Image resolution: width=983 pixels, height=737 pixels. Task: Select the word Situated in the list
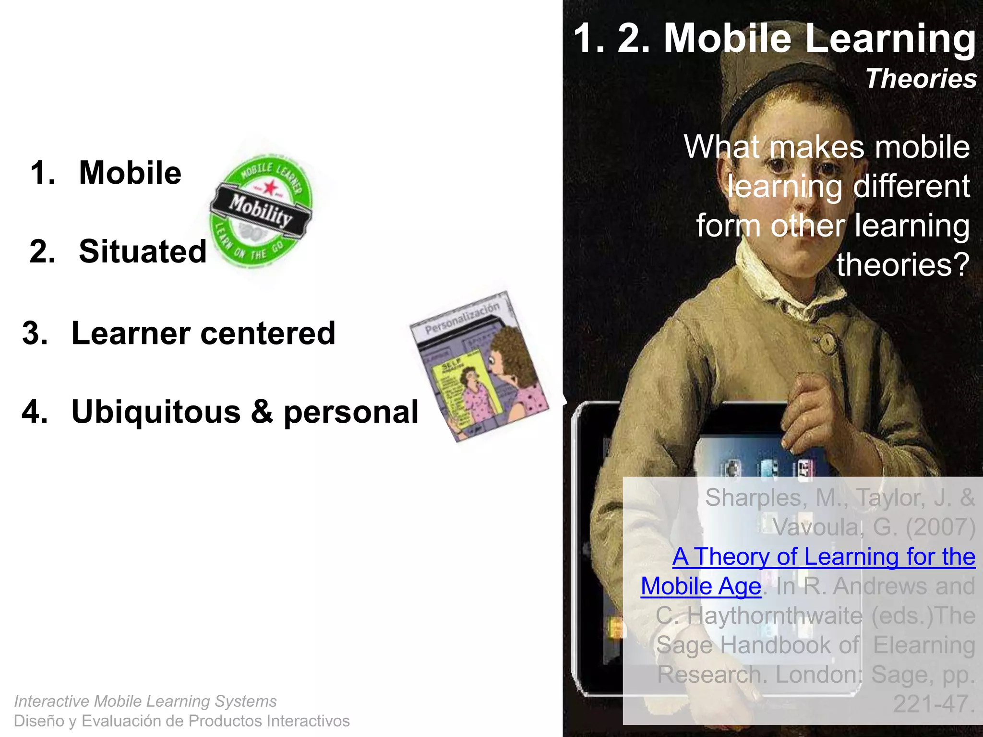[143, 251]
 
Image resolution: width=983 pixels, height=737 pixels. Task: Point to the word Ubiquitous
[156, 412]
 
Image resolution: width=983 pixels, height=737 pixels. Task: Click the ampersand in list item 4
[262, 412]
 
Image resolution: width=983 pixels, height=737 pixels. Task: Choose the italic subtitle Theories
[921, 79]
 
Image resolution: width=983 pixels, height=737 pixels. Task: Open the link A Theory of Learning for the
[824, 557]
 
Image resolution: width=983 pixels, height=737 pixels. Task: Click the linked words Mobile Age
[701, 586]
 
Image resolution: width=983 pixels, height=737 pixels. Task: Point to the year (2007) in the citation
[940, 527]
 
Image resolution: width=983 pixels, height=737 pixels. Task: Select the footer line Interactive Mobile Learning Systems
[145, 701]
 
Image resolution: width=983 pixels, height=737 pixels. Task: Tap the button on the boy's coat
[827, 342]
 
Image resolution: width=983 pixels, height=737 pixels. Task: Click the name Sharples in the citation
[755, 498]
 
